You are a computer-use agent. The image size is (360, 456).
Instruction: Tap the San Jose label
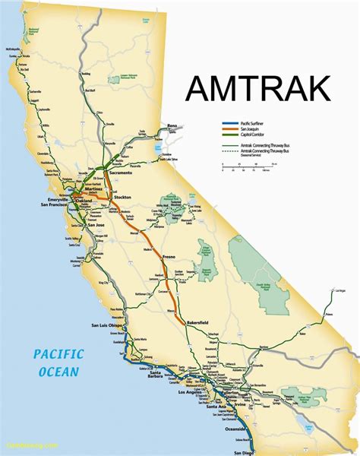[96, 226]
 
